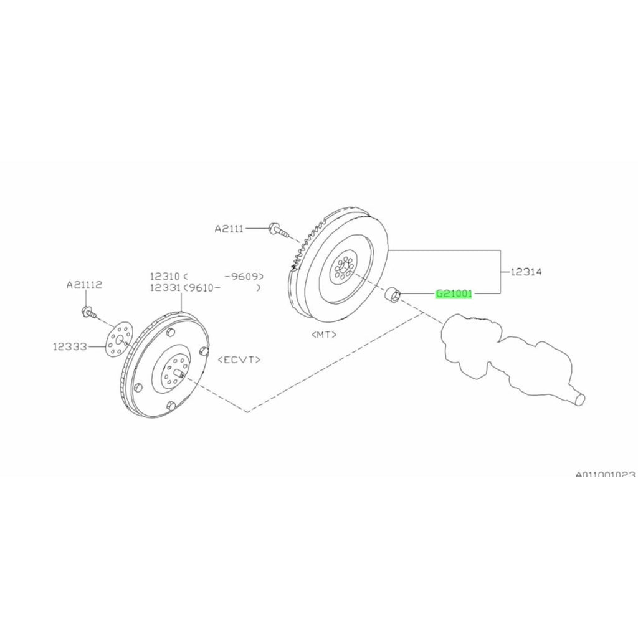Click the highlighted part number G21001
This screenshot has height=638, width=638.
(454, 293)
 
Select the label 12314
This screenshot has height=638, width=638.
(526, 272)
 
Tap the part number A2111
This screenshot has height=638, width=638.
(229, 229)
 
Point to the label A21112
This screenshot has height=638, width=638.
(84, 285)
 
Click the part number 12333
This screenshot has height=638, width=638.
(70, 346)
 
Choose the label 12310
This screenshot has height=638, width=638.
(164, 276)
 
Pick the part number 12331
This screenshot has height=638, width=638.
(164, 288)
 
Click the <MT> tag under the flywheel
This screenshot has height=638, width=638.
(324, 335)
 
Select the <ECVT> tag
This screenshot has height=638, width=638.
(239, 359)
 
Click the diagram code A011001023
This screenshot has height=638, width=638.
(606, 474)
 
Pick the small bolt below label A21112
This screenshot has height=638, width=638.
(88, 313)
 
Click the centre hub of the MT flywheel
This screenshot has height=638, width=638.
(344, 269)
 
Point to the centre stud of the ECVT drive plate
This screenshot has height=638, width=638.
(179, 373)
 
